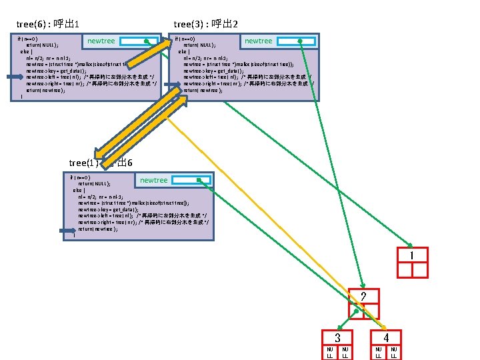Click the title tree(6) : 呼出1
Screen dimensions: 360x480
[x=48, y=25]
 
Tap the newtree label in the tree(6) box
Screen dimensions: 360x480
[x=101, y=41]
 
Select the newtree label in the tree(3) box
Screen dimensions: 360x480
[x=258, y=41]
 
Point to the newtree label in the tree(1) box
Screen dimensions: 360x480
[x=153, y=180]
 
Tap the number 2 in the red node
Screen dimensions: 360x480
[x=363, y=297]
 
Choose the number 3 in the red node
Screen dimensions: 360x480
[x=338, y=338]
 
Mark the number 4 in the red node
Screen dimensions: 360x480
[x=386, y=338]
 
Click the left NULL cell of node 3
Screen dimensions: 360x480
[x=329, y=353]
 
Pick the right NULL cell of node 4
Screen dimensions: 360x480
[x=394, y=353]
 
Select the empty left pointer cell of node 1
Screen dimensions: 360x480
[x=404, y=270]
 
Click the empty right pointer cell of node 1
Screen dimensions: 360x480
[x=420, y=270]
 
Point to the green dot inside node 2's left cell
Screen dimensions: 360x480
[x=357, y=311]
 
